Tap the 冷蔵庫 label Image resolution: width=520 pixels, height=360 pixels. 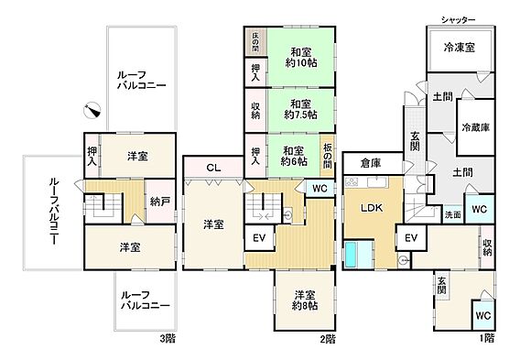pos(477,127)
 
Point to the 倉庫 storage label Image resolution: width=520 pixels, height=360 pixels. pos(370,162)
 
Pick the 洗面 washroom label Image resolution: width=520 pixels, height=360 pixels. pos(453,214)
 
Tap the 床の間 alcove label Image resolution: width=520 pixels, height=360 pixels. pos(255,42)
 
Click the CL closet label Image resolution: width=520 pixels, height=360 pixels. pos(212,168)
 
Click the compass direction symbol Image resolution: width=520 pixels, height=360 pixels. pos(92,110)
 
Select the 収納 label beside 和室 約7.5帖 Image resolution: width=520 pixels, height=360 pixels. pos(255,109)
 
